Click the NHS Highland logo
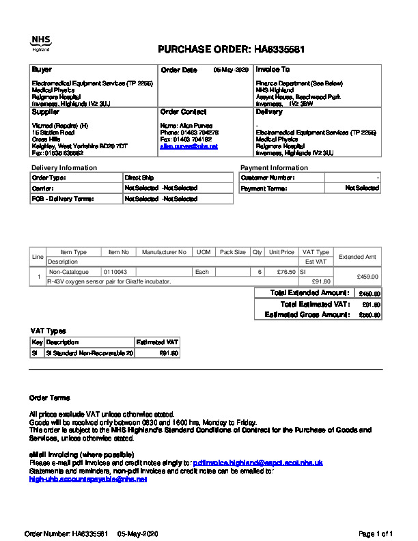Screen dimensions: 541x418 pyautogui.click(x=40, y=43)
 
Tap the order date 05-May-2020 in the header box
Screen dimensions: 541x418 pyautogui.click(x=231, y=70)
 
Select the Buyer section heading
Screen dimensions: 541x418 pyautogui.click(x=42, y=70)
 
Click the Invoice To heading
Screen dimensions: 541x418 pyautogui.click(x=273, y=70)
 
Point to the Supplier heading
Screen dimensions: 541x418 pyautogui.click(x=46, y=112)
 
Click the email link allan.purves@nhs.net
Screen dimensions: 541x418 pyautogui.click(x=189, y=146)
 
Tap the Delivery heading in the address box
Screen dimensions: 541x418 pyautogui.click(x=269, y=112)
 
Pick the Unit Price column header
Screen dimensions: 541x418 pyautogui.click(x=281, y=252)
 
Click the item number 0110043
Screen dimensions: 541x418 pyautogui.click(x=115, y=272)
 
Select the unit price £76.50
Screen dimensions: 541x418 pyautogui.click(x=281, y=272)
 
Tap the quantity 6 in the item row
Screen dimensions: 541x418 pyautogui.click(x=260, y=272)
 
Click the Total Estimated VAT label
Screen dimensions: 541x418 pyautogui.click(x=315, y=304)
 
